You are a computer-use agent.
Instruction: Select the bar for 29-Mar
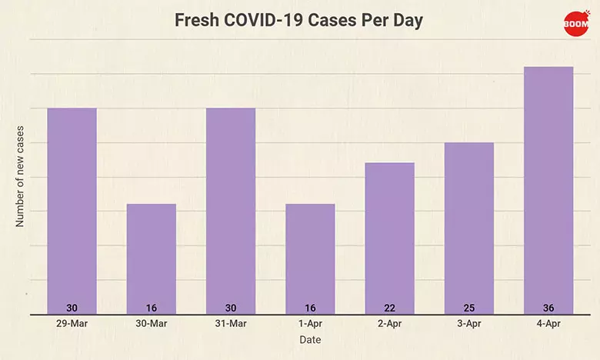pyautogui.click(x=72, y=208)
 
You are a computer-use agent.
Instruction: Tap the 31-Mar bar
pyautogui.click(x=231, y=208)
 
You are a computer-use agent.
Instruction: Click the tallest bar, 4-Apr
pyautogui.click(x=548, y=188)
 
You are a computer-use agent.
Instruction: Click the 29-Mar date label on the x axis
pyautogui.click(x=72, y=324)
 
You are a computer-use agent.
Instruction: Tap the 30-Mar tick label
pyautogui.click(x=152, y=324)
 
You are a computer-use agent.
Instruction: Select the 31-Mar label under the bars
pyautogui.click(x=231, y=324)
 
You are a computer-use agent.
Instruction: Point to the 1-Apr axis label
pyautogui.click(x=310, y=324)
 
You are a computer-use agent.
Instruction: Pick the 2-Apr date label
pyautogui.click(x=389, y=324)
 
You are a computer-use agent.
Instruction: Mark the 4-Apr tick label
pyautogui.click(x=548, y=324)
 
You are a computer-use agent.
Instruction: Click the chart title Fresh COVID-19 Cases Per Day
pyautogui.click(x=299, y=21)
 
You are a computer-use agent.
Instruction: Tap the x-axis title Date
pyautogui.click(x=310, y=339)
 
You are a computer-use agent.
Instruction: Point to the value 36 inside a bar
pyautogui.click(x=548, y=308)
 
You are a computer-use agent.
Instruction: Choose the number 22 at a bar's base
pyautogui.click(x=389, y=308)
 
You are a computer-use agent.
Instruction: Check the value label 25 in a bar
pyautogui.click(x=469, y=308)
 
